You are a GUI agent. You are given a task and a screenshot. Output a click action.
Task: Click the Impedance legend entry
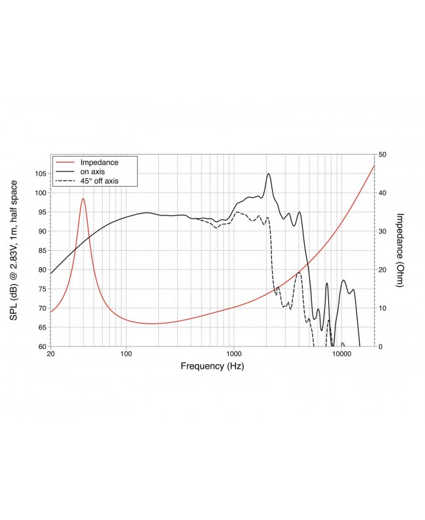click(x=98, y=161)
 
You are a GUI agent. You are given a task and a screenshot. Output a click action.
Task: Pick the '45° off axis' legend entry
click(x=99, y=180)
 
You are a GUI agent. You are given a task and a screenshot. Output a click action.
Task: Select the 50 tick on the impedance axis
click(x=382, y=155)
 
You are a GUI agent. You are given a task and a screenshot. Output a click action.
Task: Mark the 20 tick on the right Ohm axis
click(x=382, y=270)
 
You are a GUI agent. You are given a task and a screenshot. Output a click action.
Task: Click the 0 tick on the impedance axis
click(x=380, y=346)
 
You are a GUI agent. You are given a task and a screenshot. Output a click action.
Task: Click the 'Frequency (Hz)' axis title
click(x=212, y=367)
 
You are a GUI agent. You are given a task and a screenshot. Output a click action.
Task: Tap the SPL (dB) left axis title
click(x=14, y=250)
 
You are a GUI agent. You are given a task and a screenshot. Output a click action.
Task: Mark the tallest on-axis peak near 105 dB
click(x=268, y=174)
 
